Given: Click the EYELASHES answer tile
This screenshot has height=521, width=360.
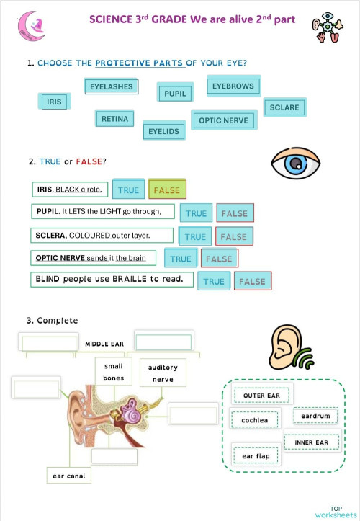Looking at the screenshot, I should tap(112, 86).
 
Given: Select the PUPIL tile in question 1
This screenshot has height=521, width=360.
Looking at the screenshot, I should tap(175, 93).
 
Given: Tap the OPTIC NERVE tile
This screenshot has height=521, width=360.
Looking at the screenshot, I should tap(222, 120).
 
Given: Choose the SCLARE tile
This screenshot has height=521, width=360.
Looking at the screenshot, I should tap(284, 107).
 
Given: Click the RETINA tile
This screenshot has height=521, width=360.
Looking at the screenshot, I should tap(114, 118).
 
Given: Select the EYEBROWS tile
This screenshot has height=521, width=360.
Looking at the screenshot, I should tap(233, 86).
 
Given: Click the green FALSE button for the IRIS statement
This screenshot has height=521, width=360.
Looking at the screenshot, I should tap(167, 190).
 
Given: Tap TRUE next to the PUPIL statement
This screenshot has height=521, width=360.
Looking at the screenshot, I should tap(196, 213).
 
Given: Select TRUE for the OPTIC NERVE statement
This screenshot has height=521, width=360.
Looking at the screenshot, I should tap(181, 259).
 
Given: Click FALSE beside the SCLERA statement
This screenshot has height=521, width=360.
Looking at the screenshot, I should tap(233, 236).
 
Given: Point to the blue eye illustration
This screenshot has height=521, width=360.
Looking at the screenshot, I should tap(295, 165).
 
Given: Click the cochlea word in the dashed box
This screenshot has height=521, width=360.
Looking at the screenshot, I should tap(255, 420).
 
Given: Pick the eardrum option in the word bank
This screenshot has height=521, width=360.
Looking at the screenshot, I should tap(315, 416).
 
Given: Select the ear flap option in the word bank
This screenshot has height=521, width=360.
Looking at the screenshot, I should tap(256, 456).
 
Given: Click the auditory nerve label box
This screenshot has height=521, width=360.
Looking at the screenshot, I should tap(163, 373).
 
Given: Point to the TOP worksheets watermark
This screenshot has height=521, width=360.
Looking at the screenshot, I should tap(335, 512).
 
